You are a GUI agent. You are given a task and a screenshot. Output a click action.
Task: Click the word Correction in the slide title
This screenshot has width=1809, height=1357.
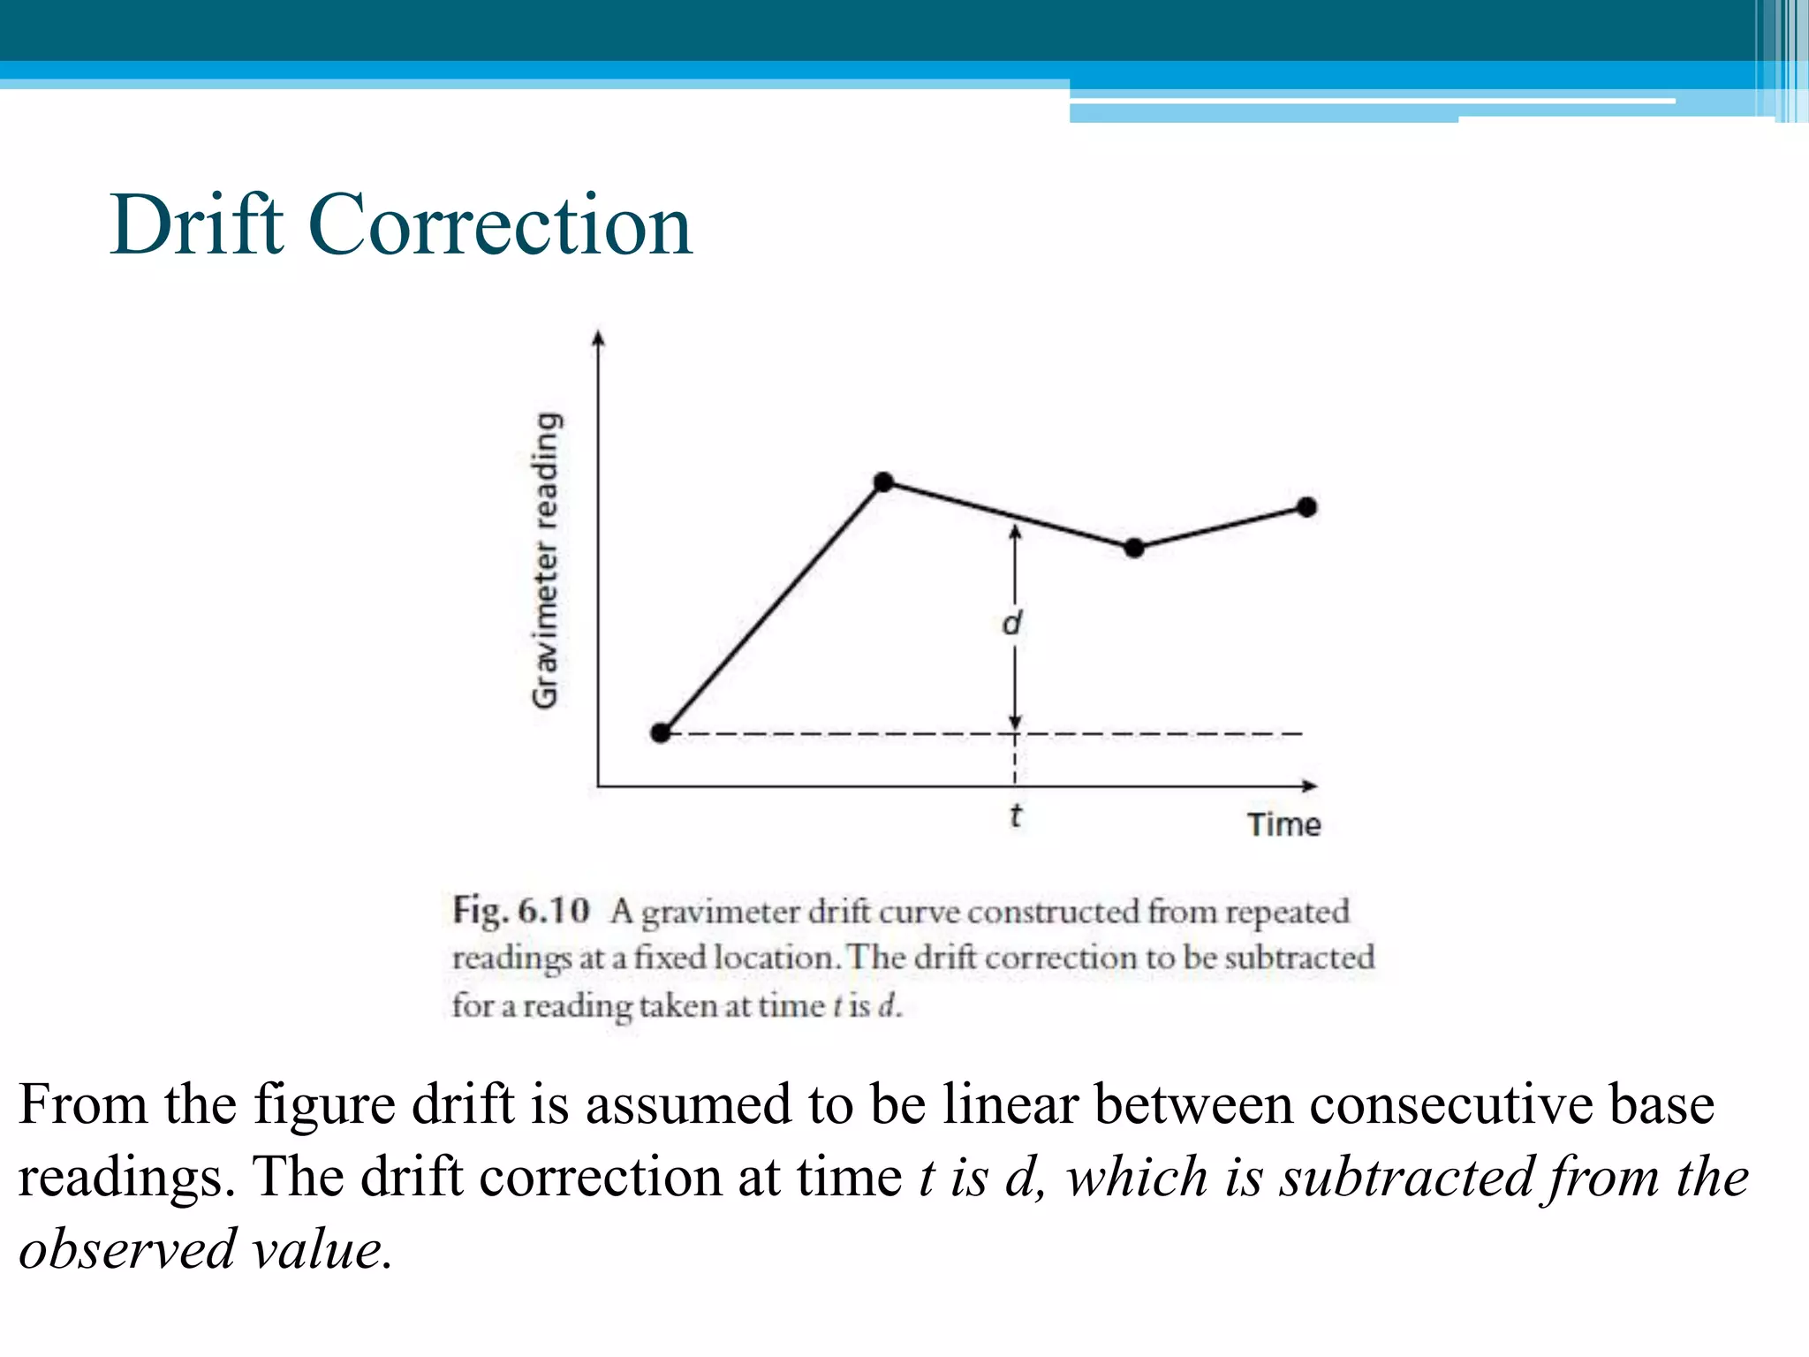coord(499,225)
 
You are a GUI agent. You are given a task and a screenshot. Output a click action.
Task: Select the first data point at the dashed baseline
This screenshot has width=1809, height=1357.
coord(661,732)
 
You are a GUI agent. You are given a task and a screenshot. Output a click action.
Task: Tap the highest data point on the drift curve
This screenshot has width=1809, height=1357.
coord(883,481)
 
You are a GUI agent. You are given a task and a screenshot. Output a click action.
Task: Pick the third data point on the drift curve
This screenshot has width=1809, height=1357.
coord(1135,548)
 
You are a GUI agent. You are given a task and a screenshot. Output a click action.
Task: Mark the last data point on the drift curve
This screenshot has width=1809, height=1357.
coord(1307,506)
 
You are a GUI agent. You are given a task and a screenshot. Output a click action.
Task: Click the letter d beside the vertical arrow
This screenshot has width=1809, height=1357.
coord(1012,623)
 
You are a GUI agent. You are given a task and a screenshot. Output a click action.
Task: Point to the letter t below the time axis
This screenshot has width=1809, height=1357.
coord(1016,815)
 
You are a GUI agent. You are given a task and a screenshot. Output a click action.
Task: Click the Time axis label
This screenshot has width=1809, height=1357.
coord(1283,824)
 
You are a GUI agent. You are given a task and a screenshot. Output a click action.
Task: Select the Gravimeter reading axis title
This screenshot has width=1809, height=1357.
coord(546,560)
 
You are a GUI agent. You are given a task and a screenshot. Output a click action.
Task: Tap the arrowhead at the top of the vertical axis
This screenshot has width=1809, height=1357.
coord(599,338)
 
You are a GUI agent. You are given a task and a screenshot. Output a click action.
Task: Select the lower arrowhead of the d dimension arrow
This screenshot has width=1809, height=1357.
coord(1016,722)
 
